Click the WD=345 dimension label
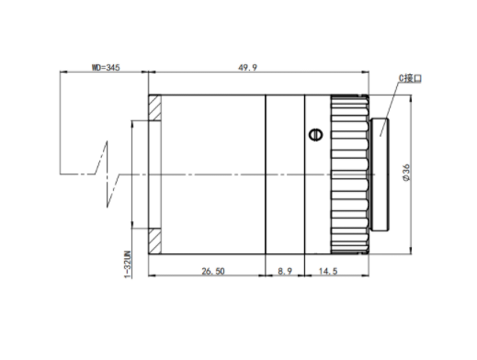point(106,67)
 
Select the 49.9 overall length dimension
point(248,67)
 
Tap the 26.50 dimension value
point(213,271)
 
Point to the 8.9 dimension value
point(285,271)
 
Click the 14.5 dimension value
point(328,271)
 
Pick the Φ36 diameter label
point(406,173)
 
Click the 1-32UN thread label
point(128,264)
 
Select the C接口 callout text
point(410,78)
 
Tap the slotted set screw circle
point(316,135)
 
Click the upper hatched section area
point(154,107)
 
